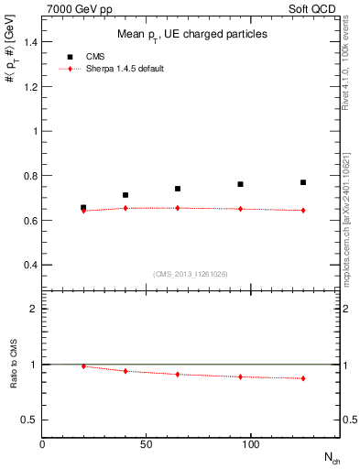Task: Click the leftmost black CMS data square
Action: [x=83, y=208]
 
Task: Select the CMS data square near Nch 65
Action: [x=178, y=189]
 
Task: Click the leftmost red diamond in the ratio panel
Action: [x=83, y=366]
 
